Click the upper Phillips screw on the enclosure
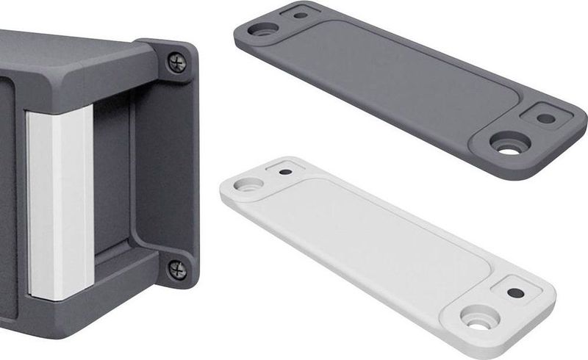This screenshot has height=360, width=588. click(x=177, y=62)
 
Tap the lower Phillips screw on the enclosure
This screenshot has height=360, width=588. click(x=177, y=269)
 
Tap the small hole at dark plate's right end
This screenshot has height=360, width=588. click(x=545, y=118)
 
